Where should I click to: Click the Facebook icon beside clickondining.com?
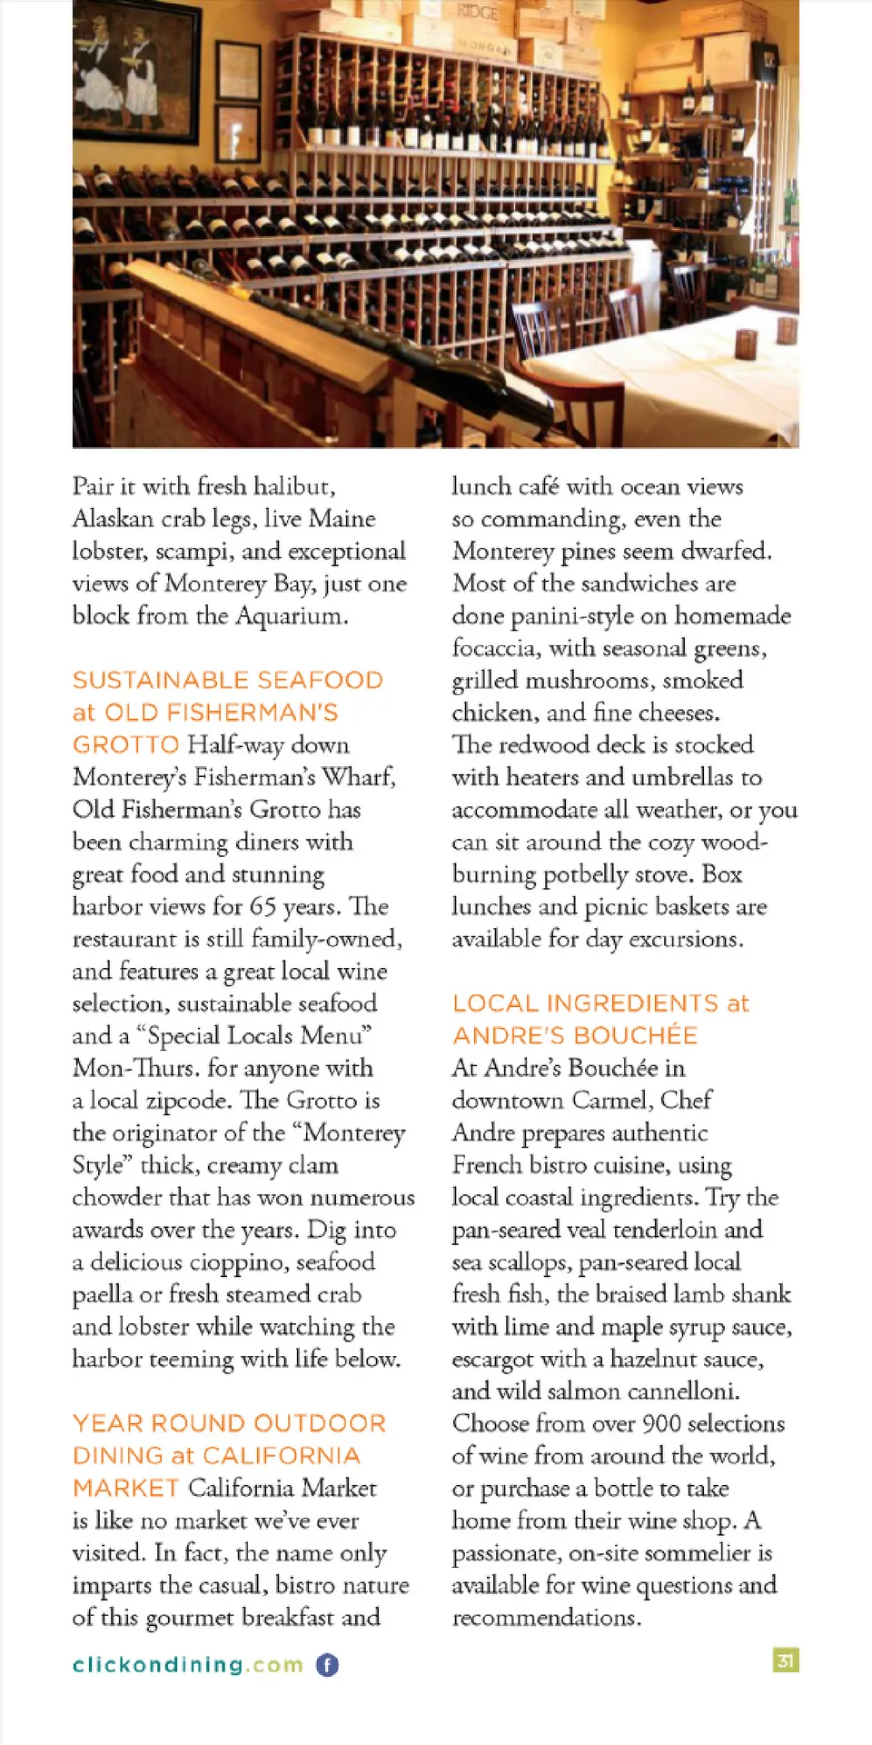tap(327, 1664)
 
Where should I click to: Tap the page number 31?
tap(786, 1660)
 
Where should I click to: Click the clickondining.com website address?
tap(188, 1664)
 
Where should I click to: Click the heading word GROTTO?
tap(125, 744)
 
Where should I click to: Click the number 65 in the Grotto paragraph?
tap(263, 906)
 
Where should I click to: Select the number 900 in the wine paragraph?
tap(661, 1423)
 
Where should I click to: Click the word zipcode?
tap(187, 1101)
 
